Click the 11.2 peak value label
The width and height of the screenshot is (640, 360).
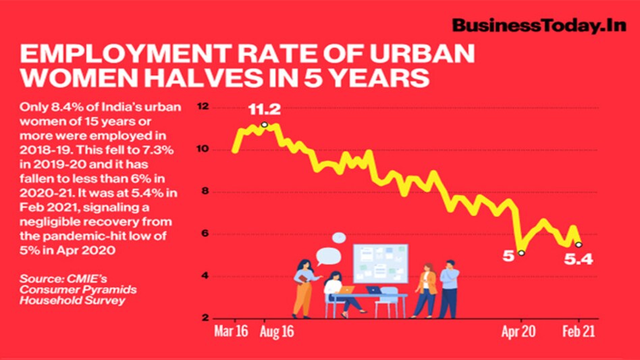263,110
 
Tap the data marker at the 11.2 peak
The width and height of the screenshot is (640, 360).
264,125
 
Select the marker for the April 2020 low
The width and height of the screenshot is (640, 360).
521,253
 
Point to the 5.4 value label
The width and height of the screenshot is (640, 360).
579,259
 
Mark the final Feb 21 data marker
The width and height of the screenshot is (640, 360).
579,245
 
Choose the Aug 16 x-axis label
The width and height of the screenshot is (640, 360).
277,332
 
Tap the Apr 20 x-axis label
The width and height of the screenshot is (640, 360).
520,332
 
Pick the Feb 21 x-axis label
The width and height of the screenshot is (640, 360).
579,332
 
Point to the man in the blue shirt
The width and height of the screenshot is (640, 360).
448,288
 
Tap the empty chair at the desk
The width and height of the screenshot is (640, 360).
388,301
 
